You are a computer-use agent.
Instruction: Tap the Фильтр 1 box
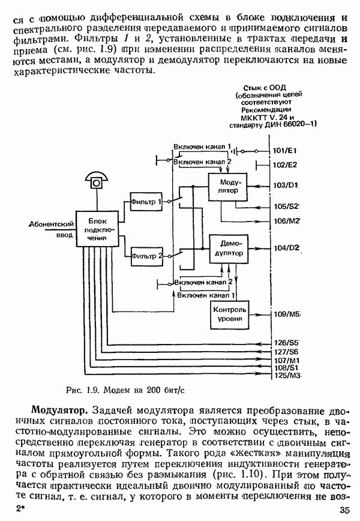point(146,202)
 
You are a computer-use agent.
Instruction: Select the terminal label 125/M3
point(286,375)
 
